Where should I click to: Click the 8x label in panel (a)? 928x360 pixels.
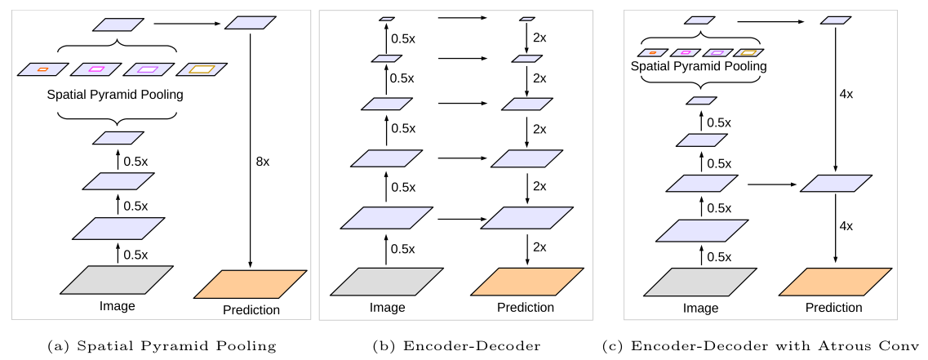[263, 162]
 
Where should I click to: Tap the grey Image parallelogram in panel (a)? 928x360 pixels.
[117, 279]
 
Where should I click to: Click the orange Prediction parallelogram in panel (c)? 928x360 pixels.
[835, 282]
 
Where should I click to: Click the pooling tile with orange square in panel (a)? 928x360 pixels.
[42, 69]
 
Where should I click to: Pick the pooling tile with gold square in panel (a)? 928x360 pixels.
[202, 69]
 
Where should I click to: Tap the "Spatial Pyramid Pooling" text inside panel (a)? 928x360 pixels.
[115, 94]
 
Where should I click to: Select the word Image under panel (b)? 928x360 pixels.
[387, 307]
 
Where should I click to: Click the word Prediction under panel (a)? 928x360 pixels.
[251, 309]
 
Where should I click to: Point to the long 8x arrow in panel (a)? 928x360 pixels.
[251, 150]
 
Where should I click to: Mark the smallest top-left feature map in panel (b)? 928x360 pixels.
[387, 18]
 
